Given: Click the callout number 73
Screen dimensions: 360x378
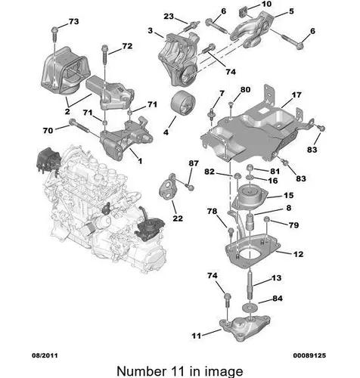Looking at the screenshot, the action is coord(73,21).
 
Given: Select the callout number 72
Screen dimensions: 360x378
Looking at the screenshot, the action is coord(127,46).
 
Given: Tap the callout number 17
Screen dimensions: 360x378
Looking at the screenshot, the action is coord(296,95).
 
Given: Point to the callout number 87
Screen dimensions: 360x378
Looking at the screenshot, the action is coord(194,163).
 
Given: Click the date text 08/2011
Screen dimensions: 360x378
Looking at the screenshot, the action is coord(45,355).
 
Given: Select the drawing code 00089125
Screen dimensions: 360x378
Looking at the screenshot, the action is coord(309,355).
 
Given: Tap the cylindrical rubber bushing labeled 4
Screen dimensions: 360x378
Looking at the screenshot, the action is coord(183,104).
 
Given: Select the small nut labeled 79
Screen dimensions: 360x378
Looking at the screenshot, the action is coord(267,220).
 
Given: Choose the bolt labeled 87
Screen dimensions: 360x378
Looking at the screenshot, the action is coord(188,187).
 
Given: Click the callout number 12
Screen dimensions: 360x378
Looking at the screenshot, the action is coord(298,254).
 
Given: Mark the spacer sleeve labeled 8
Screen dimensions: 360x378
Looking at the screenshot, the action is coord(250,222).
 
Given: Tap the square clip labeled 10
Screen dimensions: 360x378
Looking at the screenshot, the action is coord(243,12).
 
